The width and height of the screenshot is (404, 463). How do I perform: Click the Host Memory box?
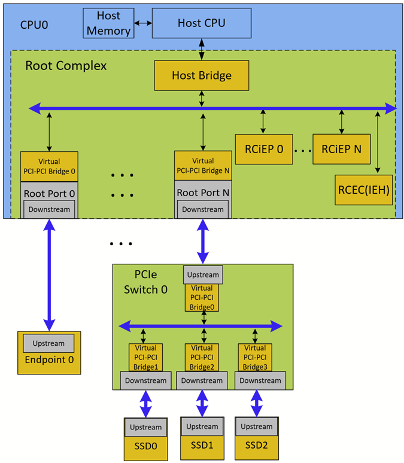click(x=108, y=23)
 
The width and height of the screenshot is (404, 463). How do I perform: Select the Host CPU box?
click(x=202, y=23)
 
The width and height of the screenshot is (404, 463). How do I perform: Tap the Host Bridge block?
click(x=202, y=75)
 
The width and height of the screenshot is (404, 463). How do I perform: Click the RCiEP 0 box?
click(x=263, y=148)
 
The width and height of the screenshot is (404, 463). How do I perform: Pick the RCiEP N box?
click(x=341, y=148)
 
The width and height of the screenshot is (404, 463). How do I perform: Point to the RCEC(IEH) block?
click(x=363, y=190)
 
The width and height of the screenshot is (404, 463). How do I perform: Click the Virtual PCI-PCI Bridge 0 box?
click(x=49, y=166)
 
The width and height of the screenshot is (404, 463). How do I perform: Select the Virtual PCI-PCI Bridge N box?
click(x=203, y=165)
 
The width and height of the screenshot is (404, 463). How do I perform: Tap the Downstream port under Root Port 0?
click(x=49, y=209)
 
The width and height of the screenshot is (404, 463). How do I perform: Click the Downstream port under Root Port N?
click(x=203, y=209)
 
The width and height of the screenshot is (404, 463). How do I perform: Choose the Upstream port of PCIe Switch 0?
click(x=203, y=275)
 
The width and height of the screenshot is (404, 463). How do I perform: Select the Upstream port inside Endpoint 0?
click(x=48, y=343)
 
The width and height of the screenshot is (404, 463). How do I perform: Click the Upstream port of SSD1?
click(x=202, y=427)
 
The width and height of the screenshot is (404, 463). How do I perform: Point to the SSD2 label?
click(x=256, y=446)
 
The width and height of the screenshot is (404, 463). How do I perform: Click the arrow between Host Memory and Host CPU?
click(x=142, y=23)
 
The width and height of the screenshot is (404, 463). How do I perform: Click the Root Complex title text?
click(x=66, y=66)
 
